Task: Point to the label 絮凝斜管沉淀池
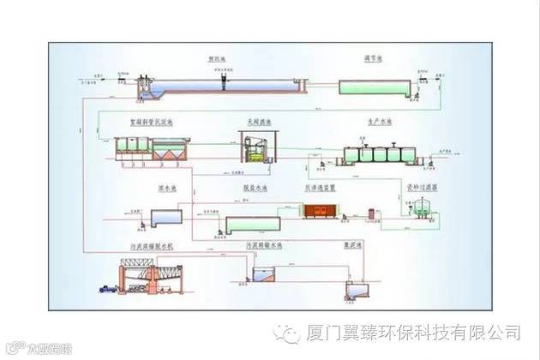click(151, 123)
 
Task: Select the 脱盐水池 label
click(253, 187)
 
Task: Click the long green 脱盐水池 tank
click(253, 225)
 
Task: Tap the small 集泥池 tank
click(353, 289)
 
